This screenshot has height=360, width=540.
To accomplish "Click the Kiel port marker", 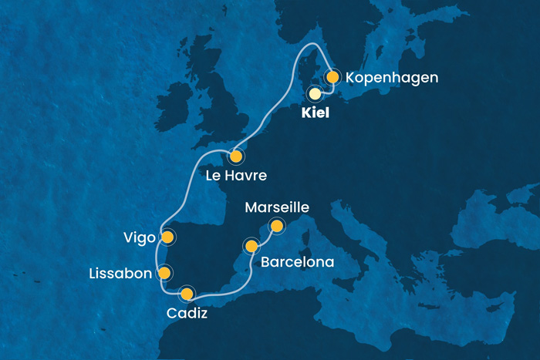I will [x=315, y=94].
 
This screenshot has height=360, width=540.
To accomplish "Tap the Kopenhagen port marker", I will [x=332, y=77].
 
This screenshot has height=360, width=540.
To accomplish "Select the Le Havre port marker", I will [x=235, y=156].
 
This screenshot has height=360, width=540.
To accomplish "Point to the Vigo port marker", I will [x=167, y=237].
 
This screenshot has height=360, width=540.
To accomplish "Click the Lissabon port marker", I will [x=164, y=273].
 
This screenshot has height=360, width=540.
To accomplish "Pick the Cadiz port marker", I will [x=186, y=293].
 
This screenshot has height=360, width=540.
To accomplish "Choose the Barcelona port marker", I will [x=251, y=246].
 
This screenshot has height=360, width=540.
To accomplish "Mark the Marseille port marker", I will [x=275, y=226].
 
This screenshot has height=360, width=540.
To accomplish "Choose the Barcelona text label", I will [x=298, y=262].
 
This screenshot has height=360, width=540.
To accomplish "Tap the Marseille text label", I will [x=277, y=207].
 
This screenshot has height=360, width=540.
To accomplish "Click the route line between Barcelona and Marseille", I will [x=265, y=237].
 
